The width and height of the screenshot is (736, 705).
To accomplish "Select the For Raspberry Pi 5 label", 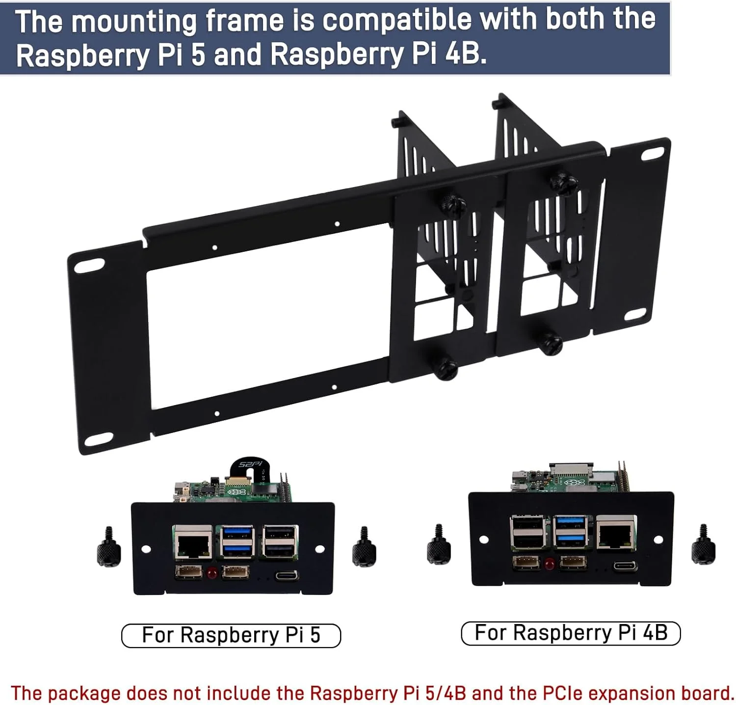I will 231,635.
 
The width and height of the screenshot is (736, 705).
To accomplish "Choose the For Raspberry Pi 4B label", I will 571,632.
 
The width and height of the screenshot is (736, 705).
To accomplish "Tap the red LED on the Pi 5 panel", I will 212,572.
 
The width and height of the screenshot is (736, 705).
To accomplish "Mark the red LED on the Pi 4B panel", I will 549,563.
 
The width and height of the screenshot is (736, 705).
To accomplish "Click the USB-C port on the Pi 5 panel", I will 287,575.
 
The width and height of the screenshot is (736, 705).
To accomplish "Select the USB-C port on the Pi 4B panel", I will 626,567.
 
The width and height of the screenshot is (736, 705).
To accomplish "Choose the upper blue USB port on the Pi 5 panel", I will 237,533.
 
